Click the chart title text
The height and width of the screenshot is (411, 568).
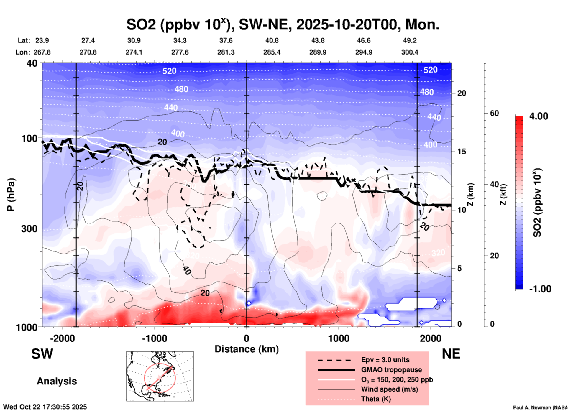283,25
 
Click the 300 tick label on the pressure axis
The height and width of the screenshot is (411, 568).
29,228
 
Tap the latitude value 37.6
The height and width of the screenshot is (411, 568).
226,40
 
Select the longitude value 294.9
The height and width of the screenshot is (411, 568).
364,52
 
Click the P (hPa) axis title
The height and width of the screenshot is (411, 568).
11,195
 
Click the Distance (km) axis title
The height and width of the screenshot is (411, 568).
247,349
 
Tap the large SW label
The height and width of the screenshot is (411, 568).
42,354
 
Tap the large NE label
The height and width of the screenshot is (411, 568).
451,354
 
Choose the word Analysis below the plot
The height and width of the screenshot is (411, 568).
57,381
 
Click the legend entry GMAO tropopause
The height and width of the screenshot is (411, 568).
391,370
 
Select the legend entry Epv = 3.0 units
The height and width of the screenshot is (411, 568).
385,360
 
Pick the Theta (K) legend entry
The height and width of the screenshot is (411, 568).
376,399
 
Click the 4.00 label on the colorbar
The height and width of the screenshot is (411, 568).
539,116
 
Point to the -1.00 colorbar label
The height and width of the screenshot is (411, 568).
540,289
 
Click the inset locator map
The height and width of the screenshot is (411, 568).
160,376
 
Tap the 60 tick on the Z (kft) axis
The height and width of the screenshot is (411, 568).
494,113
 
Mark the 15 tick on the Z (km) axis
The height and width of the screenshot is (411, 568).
462,152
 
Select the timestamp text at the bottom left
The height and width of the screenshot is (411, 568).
45,407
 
